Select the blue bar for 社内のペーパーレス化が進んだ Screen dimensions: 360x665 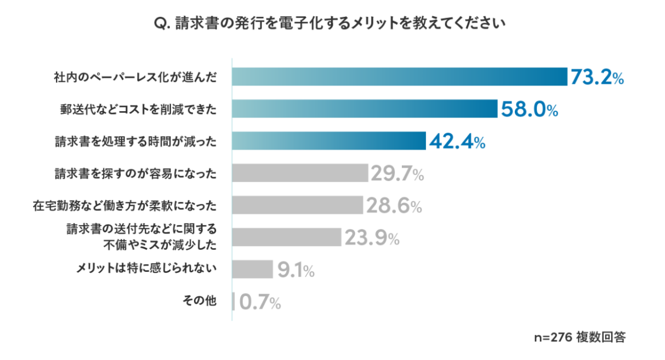399,77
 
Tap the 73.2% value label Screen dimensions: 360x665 597,78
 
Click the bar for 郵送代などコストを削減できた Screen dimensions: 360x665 364,109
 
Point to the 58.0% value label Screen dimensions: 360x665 528,110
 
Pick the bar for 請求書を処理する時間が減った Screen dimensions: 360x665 328,141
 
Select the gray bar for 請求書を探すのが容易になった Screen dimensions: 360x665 300,173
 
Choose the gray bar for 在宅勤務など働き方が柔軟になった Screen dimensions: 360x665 298,205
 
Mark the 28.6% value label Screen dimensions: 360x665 394,206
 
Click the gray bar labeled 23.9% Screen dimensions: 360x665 287,237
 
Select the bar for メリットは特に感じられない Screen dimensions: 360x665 252,270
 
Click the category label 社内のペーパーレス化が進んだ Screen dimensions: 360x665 135,77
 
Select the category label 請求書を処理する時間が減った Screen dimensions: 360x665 135,141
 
